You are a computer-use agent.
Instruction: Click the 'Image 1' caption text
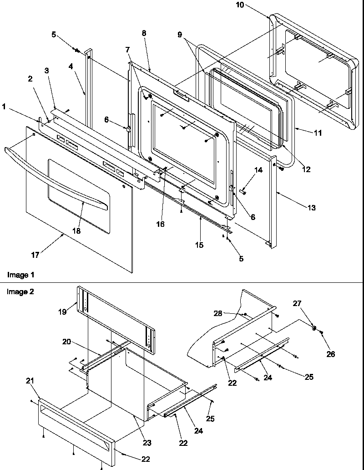20,275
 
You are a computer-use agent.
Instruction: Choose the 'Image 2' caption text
20,292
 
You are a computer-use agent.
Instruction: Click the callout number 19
62,312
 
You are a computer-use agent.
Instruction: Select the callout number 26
330,353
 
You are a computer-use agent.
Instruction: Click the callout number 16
160,224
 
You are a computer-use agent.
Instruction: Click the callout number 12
306,169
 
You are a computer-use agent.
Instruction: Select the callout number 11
318,133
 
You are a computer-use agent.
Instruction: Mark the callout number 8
144,33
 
